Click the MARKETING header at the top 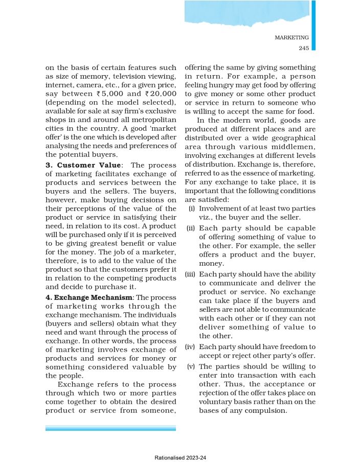(291, 37)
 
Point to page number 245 (303, 48)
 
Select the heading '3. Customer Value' (82, 166)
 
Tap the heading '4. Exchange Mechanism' (89, 297)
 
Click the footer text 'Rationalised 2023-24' (180, 458)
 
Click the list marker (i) (192, 208)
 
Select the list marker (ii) (191, 227)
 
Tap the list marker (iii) (190, 274)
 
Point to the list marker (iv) (190, 346)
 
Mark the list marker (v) (191, 366)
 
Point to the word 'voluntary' (216, 402)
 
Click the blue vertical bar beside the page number (313, 26)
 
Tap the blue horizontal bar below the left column (110, 428)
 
